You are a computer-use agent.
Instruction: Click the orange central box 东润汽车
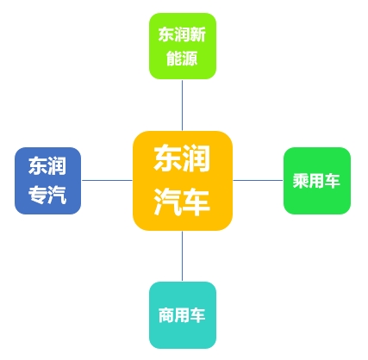[183, 181]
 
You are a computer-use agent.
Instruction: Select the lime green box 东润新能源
[183, 46]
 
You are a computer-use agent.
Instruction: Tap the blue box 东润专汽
[47, 181]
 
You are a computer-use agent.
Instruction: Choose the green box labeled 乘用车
[317, 181]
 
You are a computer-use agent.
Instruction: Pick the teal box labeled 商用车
[183, 315]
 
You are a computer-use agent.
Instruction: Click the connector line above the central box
[182, 105]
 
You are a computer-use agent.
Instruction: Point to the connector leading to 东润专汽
[107, 181]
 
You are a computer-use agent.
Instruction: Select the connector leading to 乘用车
[258, 181]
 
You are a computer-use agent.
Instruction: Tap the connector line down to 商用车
[182, 256]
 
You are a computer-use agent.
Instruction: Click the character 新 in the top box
[198, 34]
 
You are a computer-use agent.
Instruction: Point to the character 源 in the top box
[190, 59]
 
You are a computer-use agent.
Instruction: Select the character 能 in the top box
[174, 59]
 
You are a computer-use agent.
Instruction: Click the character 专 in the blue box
[38, 195]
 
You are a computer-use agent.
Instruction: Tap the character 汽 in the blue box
[57, 195]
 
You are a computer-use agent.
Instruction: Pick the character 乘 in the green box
[301, 181]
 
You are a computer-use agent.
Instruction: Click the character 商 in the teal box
[166, 315]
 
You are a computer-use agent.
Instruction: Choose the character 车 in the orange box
[196, 202]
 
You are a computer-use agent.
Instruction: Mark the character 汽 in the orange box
[168, 202]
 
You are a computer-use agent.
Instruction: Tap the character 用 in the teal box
[182, 315]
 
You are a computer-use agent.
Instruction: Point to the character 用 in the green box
[316, 181]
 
